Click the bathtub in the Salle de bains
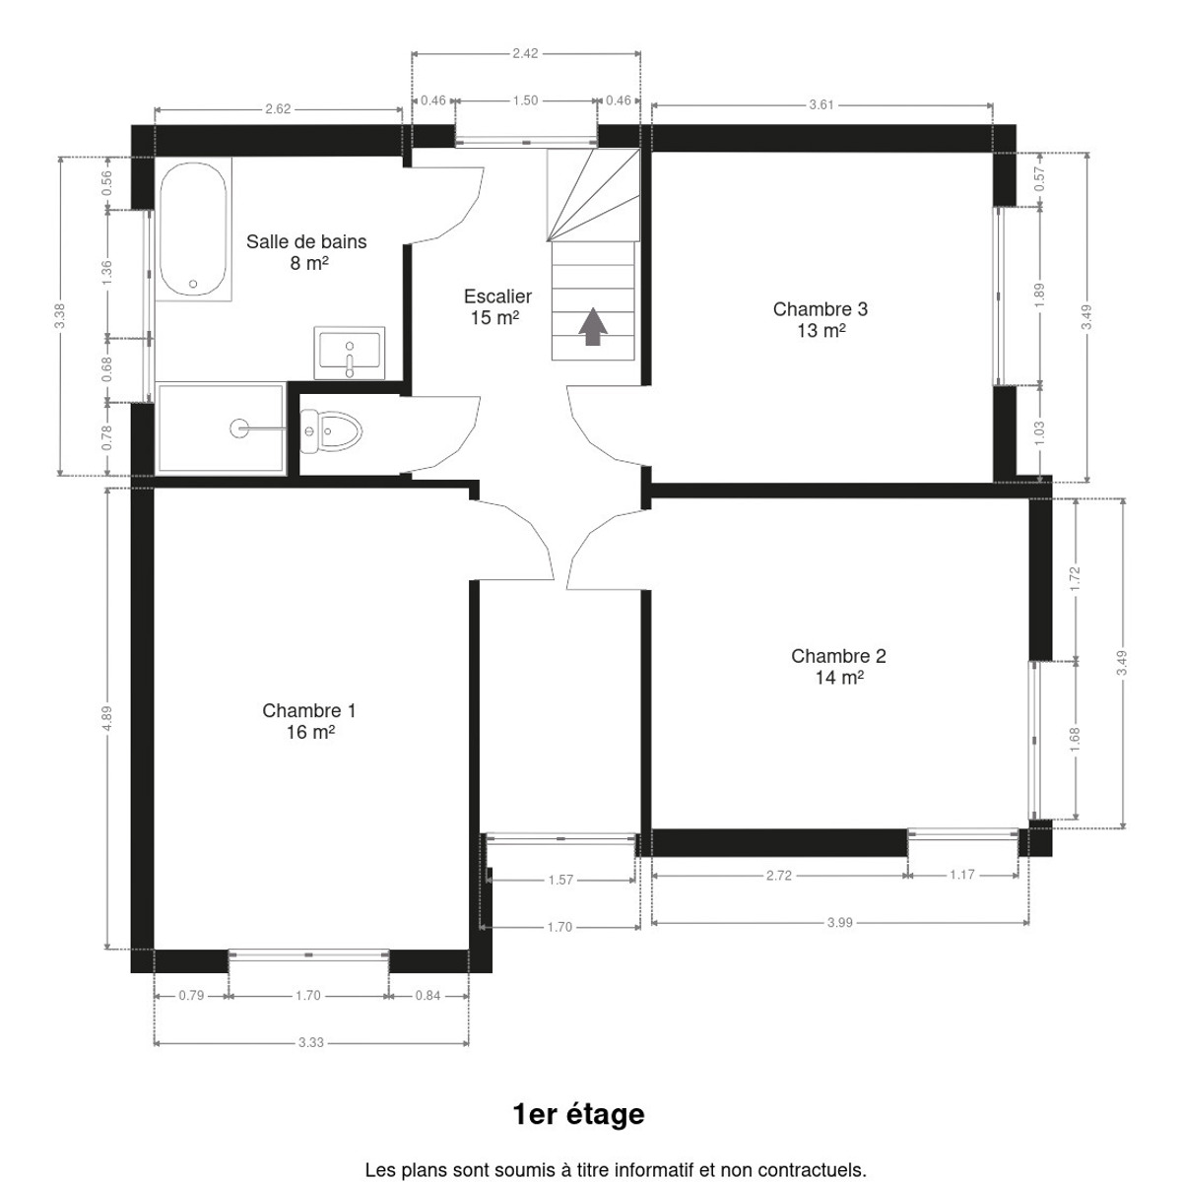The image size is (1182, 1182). pos(193,229)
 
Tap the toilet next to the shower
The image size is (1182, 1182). pos(331,431)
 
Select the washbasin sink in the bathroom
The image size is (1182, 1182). pos(349,353)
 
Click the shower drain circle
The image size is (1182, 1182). pos(239,428)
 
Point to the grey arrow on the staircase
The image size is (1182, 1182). pos(593,326)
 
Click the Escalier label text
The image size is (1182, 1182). pos(497,296)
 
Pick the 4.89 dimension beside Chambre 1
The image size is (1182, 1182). pos(107,718)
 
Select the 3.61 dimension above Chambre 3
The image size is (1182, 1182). pos(821,104)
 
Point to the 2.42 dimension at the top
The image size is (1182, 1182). pos(525,53)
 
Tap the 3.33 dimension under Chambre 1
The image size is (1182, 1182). pos(311,1042)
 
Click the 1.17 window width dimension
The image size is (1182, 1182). pos(961,875)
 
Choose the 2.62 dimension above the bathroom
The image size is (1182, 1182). pos(278,109)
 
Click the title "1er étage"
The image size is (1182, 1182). pos(578,1114)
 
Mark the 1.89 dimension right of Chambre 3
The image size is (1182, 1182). pos(1039,295)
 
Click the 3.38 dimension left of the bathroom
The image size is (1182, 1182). pos(59,316)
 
